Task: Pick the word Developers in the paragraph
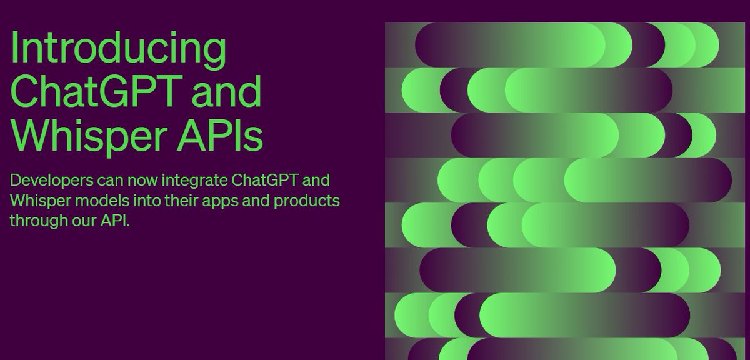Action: coord(51,181)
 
